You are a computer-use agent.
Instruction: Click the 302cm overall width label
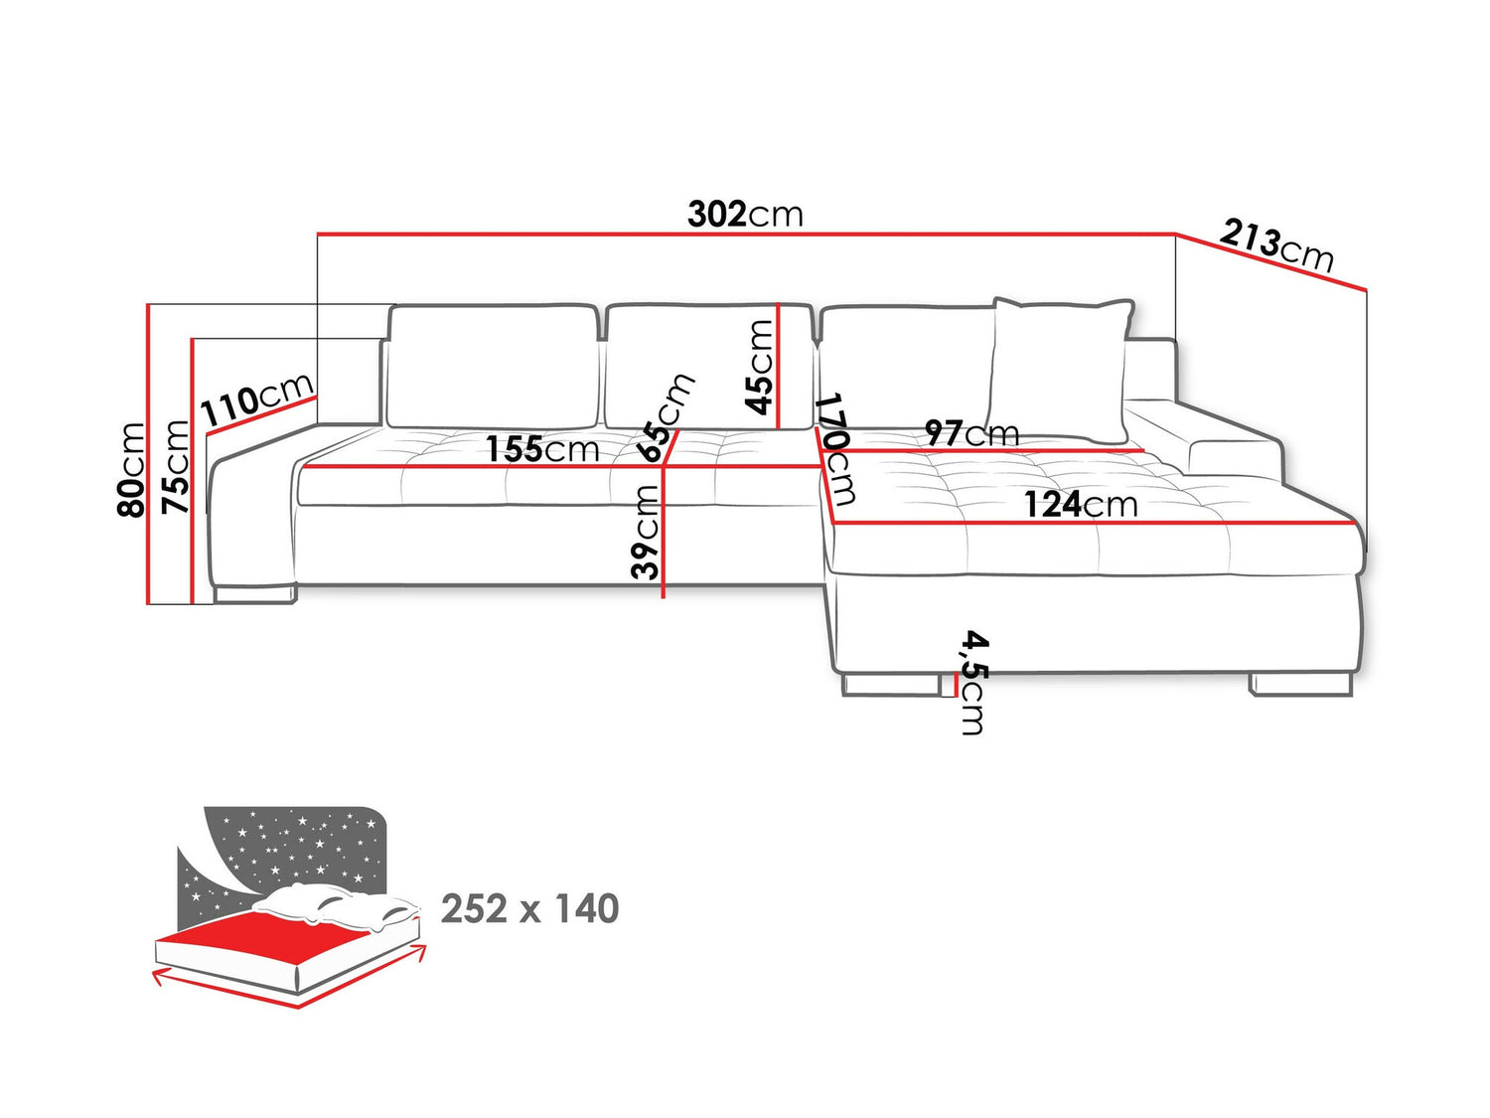(x=745, y=215)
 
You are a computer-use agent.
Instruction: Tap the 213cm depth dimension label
(x=1276, y=245)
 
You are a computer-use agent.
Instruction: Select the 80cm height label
(x=131, y=470)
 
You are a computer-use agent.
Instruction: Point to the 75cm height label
(x=174, y=466)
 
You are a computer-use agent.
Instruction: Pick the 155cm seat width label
(x=542, y=449)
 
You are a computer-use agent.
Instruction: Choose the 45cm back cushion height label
(x=759, y=367)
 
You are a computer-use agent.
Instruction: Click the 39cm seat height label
(x=645, y=532)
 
